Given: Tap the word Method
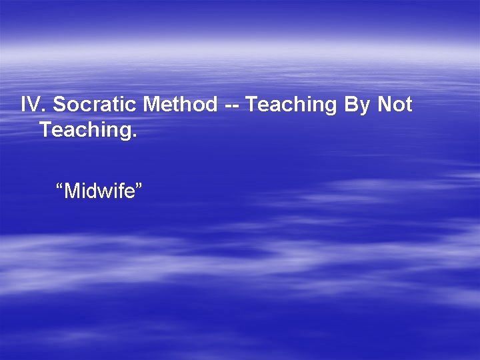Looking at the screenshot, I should [180, 105].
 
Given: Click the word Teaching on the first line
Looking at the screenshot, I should [294, 105].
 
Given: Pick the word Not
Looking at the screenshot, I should [395, 105].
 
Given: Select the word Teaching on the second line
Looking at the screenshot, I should [85, 130].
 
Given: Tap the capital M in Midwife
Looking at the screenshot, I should [71, 191].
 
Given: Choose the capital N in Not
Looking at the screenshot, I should [385, 105].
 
